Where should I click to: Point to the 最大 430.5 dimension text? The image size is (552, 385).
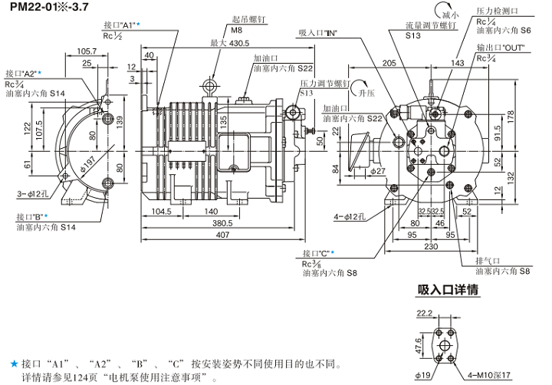click(x=228, y=44)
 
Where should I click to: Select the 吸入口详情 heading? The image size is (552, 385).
click(x=448, y=290)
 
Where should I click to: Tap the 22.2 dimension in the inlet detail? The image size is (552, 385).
click(x=425, y=312)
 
